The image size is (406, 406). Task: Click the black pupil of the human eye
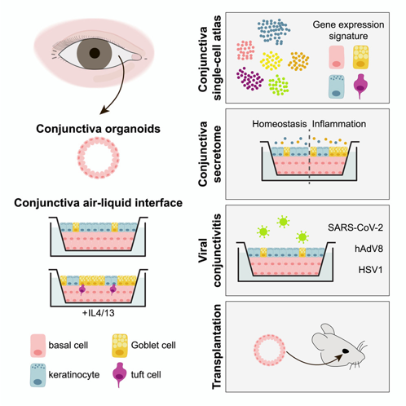tap(95, 53)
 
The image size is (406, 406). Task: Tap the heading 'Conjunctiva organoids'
tap(98, 129)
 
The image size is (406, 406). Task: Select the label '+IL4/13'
tap(99, 313)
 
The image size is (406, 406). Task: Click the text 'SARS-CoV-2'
tap(355, 227)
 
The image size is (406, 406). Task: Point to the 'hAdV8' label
tap(368, 249)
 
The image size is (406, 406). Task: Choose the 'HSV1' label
tap(370, 270)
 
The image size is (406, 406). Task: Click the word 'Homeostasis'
tap(280, 124)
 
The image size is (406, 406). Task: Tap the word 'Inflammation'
tap(339, 124)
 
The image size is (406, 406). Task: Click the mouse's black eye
tap(346, 351)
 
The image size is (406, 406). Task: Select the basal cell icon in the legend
tap(38, 346)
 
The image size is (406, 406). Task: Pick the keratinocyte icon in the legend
tap(38, 375)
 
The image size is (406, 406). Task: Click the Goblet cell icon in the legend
tap(120, 346)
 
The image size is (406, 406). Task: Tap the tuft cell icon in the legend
tap(119, 373)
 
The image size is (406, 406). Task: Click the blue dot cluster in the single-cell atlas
tap(274, 32)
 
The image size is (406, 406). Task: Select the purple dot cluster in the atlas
tap(249, 79)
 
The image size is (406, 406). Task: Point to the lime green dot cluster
tap(278, 85)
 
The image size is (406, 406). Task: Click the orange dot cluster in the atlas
tap(298, 61)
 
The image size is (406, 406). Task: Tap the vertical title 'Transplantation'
tap(217, 346)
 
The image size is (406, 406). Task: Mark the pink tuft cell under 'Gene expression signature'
tap(360, 86)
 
